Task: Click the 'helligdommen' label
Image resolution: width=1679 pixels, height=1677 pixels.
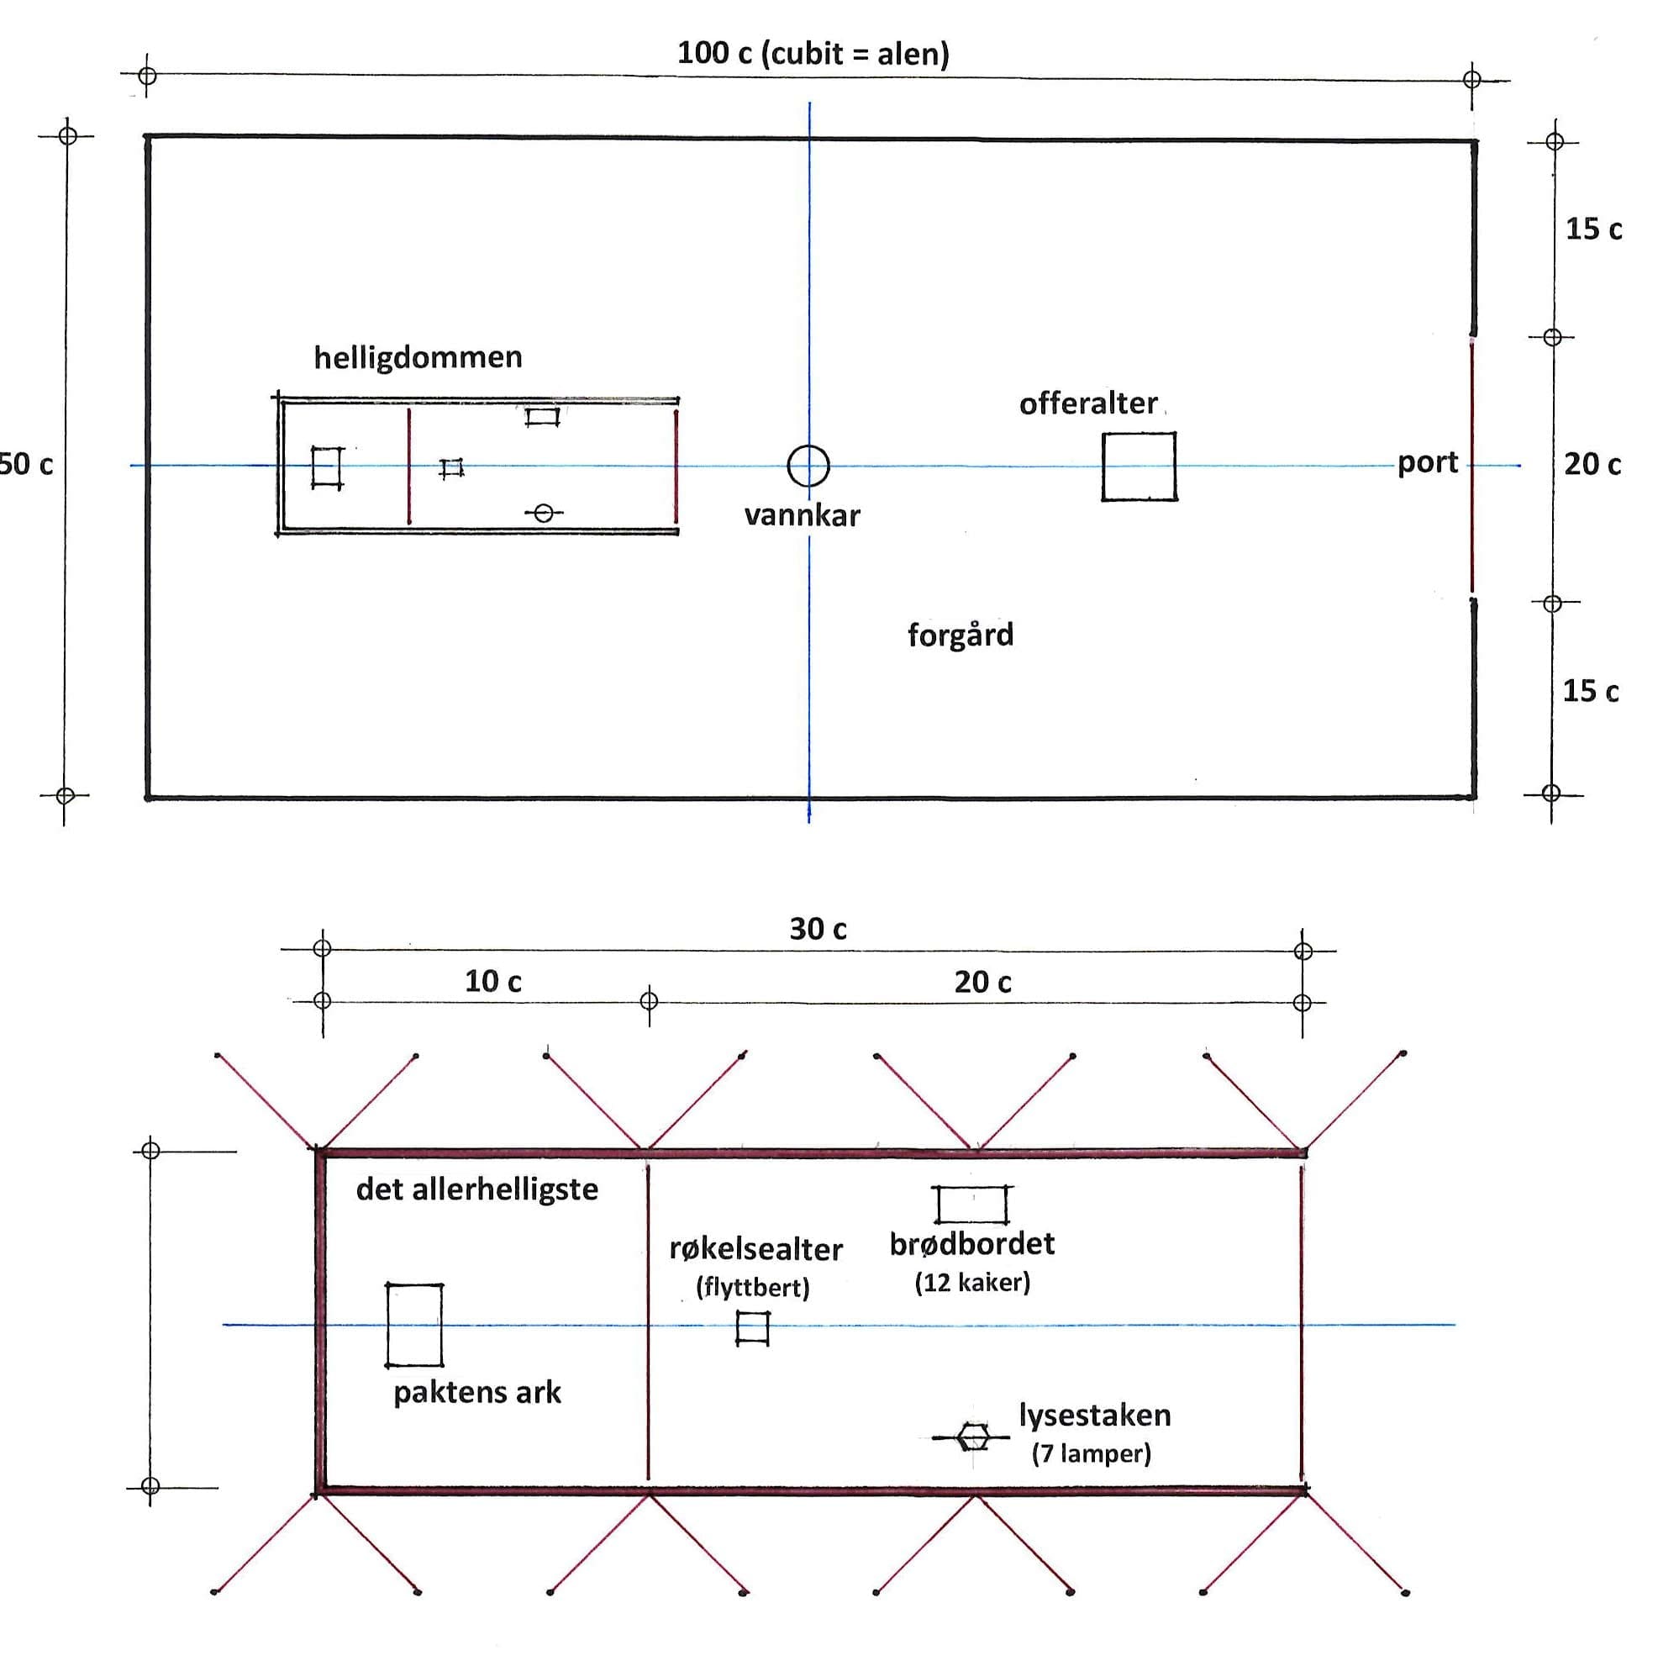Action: click(418, 357)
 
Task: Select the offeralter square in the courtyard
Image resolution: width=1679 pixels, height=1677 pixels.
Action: click(1103, 466)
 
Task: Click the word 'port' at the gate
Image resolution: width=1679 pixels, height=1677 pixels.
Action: click(1428, 463)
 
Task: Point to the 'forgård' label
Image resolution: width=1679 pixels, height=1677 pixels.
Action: click(961, 635)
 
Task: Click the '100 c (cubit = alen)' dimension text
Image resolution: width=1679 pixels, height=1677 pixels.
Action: click(813, 54)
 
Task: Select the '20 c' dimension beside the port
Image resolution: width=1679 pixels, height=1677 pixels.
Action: click(1592, 464)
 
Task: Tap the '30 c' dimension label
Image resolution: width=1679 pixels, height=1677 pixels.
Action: click(818, 930)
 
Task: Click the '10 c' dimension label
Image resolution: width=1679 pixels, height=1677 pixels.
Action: click(492, 982)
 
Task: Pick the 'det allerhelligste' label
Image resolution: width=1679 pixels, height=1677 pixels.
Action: click(477, 1189)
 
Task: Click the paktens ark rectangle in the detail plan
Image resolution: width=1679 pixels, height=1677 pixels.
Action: click(387, 1325)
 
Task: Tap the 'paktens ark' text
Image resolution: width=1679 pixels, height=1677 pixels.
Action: click(477, 1393)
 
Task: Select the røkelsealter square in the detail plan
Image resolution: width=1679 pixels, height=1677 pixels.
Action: click(738, 1328)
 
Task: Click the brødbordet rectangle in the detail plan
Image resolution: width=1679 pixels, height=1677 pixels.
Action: click(939, 1205)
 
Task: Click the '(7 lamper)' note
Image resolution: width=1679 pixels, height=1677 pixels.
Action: click(1092, 1453)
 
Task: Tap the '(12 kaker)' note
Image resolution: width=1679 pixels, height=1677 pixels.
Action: click(972, 1282)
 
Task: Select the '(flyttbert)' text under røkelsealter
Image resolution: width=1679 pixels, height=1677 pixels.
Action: click(753, 1288)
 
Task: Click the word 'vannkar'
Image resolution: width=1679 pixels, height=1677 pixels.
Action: click(803, 515)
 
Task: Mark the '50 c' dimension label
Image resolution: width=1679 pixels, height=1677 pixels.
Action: click(26, 464)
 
